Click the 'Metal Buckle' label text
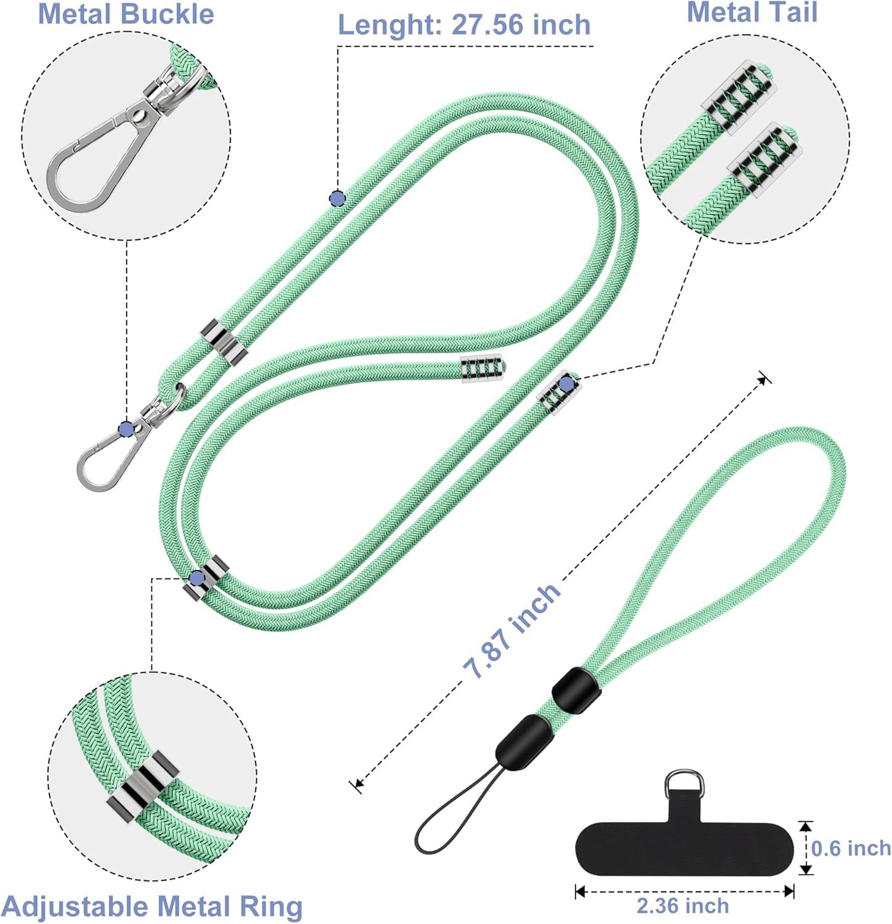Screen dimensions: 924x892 126,14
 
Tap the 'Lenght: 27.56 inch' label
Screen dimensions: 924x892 464,25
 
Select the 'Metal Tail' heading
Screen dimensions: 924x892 752,12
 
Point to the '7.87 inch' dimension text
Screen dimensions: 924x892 512,631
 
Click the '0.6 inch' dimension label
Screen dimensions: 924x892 850,848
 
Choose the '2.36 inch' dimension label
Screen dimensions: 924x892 683,906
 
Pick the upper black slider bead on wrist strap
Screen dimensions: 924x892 576,689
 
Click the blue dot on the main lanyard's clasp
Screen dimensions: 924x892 126,429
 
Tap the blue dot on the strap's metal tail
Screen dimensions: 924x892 566,384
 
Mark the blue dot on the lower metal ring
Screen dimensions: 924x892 197,578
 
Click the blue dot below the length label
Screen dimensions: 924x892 337,198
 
